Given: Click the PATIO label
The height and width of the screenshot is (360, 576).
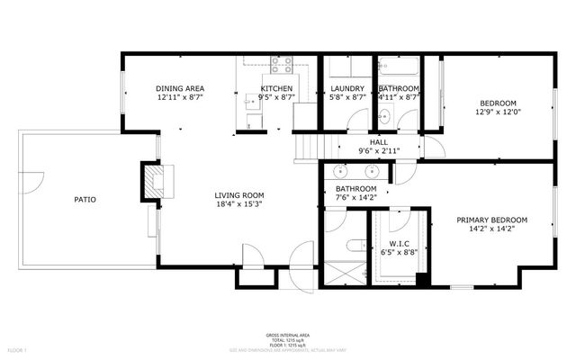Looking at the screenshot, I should tap(85, 199).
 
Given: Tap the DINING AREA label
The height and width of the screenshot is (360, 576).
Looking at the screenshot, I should tap(180, 88).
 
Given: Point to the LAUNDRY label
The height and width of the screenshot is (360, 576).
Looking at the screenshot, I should tap(346, 88).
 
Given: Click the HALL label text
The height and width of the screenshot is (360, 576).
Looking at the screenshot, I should tap(378, 142).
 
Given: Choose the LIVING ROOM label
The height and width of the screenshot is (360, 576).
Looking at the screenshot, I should tap(238, 195).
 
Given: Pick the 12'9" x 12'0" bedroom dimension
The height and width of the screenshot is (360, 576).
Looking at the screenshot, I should tap(498, 112).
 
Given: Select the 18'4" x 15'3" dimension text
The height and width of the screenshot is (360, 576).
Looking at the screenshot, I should tap(238, 204).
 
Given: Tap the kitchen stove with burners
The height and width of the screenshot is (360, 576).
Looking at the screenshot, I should tap(282, 64).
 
